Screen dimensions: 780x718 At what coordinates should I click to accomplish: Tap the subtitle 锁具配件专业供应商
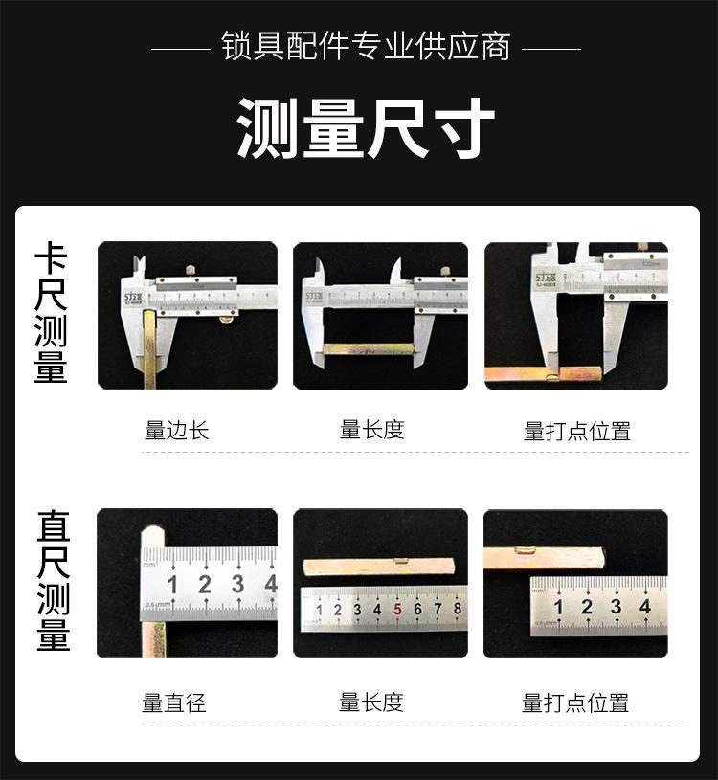tap(366, 46)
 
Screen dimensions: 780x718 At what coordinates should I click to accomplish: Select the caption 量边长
tap(176, 430)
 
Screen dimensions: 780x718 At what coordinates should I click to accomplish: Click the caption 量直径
tap(174, 703)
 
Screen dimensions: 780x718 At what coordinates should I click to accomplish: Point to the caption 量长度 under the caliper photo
tap(372, 430)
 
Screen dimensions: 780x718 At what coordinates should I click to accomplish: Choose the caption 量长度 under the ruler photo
tap(371, 703)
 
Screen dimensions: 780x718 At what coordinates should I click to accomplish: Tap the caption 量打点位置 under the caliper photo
tap(577, 431)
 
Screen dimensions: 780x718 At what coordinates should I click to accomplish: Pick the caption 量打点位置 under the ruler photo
tap(575, 703)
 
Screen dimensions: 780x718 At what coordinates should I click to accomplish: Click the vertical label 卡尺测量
tap(51, 314)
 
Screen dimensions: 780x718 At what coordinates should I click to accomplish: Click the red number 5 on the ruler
tap(397, 610)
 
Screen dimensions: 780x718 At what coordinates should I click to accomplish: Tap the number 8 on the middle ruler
tap(458, 609)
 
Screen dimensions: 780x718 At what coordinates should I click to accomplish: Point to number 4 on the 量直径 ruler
tap(270, 584)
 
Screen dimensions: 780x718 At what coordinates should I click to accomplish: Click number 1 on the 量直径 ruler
tap(173, 585)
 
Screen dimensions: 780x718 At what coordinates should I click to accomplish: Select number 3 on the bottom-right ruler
tap(616, 606)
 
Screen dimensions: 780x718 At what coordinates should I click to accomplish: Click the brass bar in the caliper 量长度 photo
tap(368, 348)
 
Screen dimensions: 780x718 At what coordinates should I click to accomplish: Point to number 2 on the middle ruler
tap(337, 610)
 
